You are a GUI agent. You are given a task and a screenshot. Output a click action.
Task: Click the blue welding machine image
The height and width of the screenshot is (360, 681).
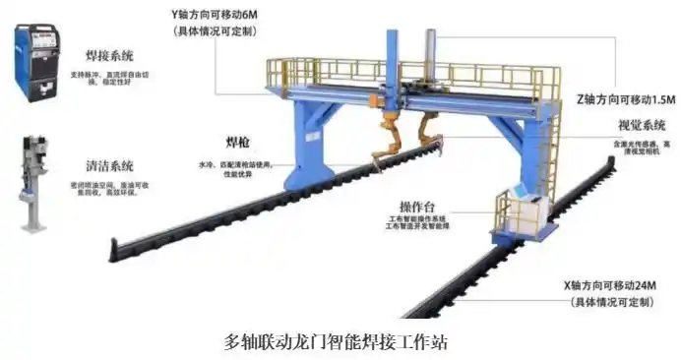(36, 64)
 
